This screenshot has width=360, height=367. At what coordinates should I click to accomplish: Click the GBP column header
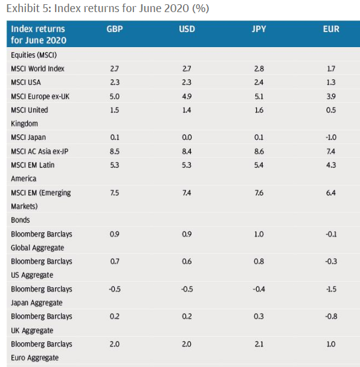click(115, 29)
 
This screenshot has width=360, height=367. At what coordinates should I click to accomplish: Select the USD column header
click(187, 29)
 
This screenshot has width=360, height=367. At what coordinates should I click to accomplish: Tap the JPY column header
click(259, 29)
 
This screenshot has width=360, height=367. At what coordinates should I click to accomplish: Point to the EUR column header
click(331, 29)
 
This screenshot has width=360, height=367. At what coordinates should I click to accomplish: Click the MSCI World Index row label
click(37, 68)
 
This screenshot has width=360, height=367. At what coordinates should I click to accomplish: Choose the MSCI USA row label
click(26, 82)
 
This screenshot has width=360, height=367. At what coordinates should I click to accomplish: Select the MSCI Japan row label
click(28, 137)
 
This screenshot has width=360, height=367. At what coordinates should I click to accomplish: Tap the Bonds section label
click(21, 220)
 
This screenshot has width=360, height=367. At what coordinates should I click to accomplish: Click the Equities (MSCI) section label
click(34, 55)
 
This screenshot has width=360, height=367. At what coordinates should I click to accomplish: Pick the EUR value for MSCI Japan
click(331, 137)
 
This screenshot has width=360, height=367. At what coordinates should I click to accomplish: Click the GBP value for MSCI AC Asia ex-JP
click(115, 151)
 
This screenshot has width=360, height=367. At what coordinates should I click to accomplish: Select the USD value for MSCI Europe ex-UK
click(187, 96)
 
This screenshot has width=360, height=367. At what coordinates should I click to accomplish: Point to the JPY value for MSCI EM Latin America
click(259, 165)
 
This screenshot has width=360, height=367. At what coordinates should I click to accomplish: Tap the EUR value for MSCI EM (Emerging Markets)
click(331, 193)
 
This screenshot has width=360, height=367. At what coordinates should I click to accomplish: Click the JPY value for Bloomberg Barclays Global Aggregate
click(259, 234)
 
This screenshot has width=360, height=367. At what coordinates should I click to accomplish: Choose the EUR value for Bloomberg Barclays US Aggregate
click(331, 261)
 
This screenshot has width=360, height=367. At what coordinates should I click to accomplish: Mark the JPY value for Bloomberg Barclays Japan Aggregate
click(259, 289)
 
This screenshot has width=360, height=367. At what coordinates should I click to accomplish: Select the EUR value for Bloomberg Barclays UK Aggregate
click(331, 316)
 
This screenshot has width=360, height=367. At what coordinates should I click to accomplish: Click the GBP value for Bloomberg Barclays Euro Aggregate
click(115, 344)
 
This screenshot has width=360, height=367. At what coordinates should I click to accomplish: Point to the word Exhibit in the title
click(23, 8)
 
